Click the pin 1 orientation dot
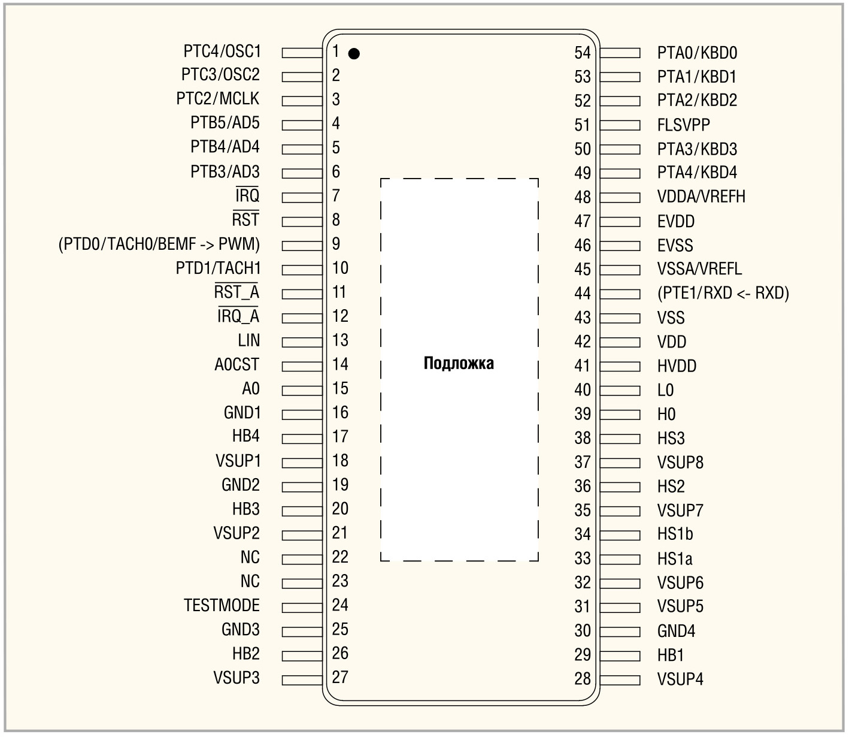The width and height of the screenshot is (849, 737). click(x=354, y=54)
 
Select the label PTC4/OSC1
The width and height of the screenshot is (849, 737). click(x=222, y=51)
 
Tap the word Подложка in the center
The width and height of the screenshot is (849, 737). click(x=459, y=363)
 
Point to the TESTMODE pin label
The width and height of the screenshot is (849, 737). click(x=222, y=605)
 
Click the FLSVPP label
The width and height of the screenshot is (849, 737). click(x=683, y=125)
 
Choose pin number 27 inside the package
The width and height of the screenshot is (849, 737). click(x=340, y=677)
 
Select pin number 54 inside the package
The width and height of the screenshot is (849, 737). click(x=583, y=53)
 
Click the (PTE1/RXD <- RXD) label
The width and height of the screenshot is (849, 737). click(x=723, y=293)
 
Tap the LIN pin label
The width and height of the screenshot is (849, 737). click(x=248, y=340)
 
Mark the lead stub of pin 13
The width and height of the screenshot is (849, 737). click(x=302, y=342)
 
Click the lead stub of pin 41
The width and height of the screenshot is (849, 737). click(x=620, y=366)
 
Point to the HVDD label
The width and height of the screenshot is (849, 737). click(x=677, y=366)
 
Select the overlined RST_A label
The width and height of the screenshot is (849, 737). click(x=236, y=292)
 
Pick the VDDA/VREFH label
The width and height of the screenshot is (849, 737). click(x=701, y=197)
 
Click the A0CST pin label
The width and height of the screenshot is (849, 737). click(x=236, y=364)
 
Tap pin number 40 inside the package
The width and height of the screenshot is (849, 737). click(x=583, y=389)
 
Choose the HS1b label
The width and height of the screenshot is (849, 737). click(x=675, y=534)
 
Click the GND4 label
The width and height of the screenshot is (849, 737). click(x=676, y=630)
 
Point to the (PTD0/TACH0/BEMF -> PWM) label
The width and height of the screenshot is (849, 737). click(x=159, y=244)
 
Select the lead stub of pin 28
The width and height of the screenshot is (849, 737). click(x=620, y=679)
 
